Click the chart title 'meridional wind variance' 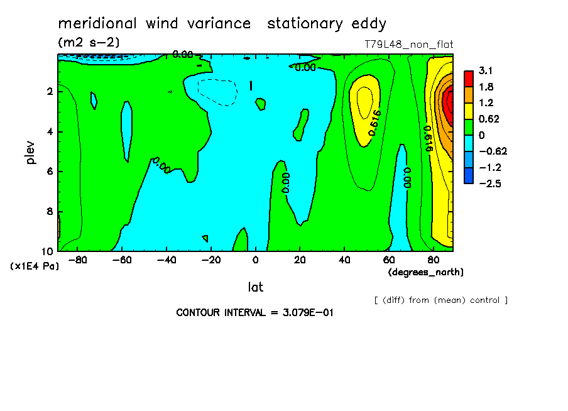(x=155, y=24)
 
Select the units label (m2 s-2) (x=89, y=43)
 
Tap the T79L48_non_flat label (x=408, y=45)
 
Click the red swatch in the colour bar (x=469, y=78)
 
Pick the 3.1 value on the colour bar (x=486, y=70)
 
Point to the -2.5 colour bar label (x=489, y=183)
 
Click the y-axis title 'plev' (x=31, y=152)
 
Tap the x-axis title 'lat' (x=255, y=287)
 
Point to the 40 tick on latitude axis (x=344, y=260)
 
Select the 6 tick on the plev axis (x=49, y=172)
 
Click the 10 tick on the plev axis (x=46, y=250)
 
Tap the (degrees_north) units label (x=426, y=272)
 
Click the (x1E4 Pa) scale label (x=35, y=266)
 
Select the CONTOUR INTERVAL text (x=254, y=312)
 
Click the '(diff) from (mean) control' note (x=440, y=300)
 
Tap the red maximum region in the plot (x=449, y=102)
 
